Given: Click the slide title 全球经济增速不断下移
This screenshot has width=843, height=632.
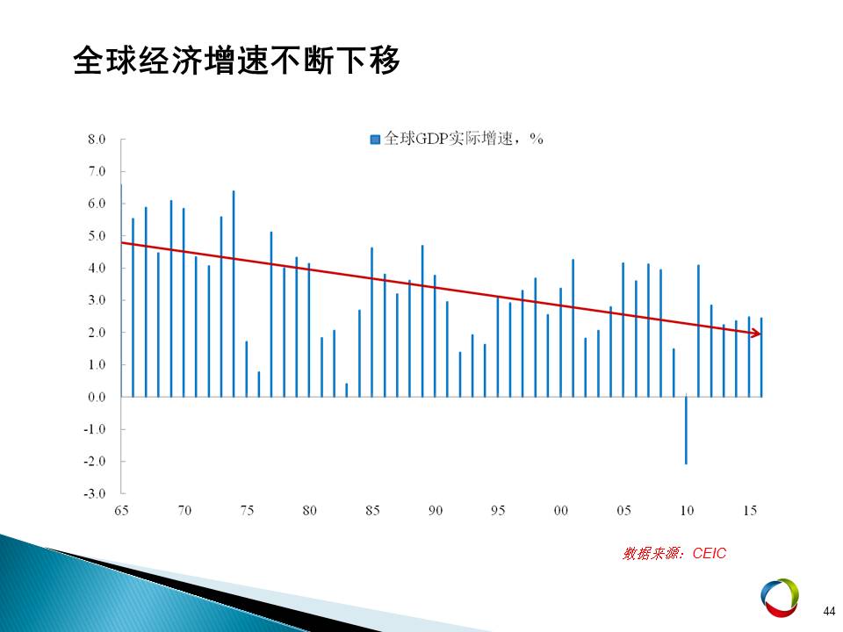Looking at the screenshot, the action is (x=236, y=60).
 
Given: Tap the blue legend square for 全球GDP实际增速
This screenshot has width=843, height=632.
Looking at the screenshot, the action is (x=375, y=140).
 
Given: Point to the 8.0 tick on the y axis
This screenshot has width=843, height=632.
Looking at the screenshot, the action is (x=97, y=140).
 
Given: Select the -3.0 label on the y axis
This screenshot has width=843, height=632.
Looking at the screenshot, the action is (x=94, y=493).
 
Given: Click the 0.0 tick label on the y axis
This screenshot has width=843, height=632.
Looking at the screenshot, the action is (x=97, y=397).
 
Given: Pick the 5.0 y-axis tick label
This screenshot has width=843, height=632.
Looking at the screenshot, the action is (x=97, y=236).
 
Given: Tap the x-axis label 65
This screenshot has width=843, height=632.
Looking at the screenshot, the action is (x=121, y=510).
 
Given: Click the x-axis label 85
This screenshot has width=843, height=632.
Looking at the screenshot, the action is (x=372, y=510).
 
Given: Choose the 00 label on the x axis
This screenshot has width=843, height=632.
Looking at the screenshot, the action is (x=561, y=510).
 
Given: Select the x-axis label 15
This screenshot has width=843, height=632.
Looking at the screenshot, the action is (x=750, y=510).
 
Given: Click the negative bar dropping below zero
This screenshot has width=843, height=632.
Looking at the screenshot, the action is (x=686, y=430).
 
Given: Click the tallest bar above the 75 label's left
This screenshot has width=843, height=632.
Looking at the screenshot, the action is (x=234, y=294).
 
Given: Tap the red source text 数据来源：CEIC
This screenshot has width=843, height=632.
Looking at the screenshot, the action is (x=674, y=553).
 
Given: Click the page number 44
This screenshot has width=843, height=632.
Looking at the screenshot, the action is (x=829, y=611).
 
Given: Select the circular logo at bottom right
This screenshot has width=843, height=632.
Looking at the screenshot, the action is (x=780, y=598).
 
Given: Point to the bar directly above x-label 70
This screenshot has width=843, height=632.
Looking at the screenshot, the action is (x=184, y=303).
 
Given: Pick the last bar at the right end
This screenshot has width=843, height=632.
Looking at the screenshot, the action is (x=761, y=357).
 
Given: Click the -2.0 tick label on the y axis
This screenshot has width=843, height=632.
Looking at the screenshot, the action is (x=94, y=461).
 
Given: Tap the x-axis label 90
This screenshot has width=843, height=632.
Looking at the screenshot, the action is (x=436, y=510).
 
